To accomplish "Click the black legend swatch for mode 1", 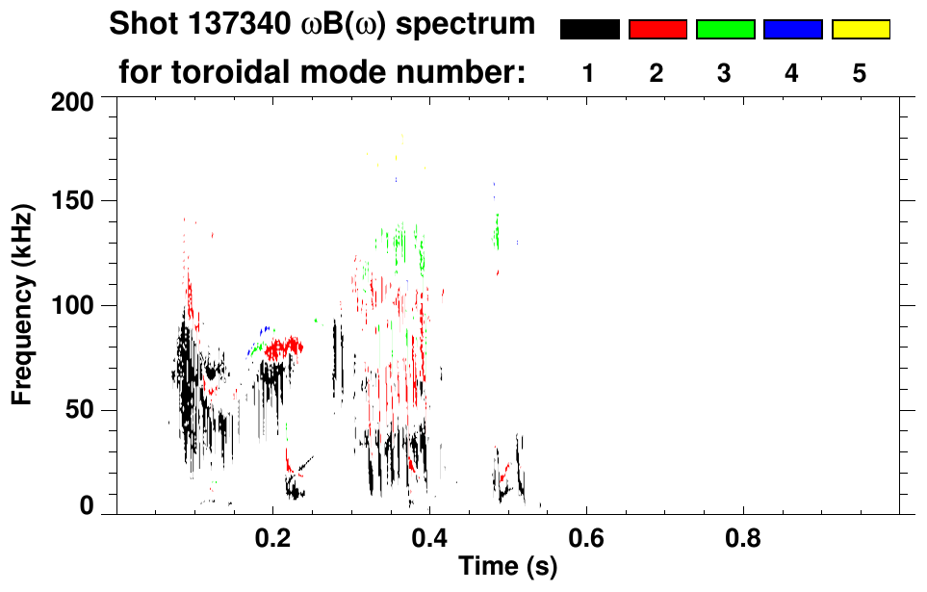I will click(589, 30).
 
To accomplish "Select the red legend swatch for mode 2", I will click(657, 30).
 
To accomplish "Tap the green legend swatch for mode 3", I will click(725, 30).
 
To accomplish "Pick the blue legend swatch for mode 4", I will click(792, 30).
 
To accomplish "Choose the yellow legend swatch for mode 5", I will click(860, 30).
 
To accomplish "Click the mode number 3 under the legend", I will click(725, 73).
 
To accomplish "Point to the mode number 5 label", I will click(860, 73).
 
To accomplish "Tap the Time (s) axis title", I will click(506, 567).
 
